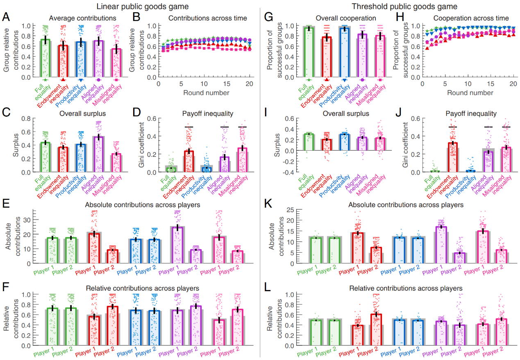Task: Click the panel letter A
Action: (6, 17)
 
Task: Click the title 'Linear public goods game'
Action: (143, 7)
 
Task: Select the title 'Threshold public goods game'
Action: (404, 7)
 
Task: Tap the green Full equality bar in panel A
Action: (45, 58)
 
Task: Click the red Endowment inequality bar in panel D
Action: (189, 162)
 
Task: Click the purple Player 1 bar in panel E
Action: (178, 245)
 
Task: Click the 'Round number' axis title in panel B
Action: (206, 93)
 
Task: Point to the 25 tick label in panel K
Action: (291, 210)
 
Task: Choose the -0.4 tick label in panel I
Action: (288, 172)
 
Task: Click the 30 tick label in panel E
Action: (27, 220)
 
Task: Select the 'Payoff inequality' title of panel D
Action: (207, 114)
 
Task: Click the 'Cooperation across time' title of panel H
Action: (471, 18)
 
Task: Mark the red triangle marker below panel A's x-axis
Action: (63, 80)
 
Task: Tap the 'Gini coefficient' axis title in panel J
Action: (405, 145)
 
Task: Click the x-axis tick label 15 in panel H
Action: (490, 84)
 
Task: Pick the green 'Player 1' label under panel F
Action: (44, 352)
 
